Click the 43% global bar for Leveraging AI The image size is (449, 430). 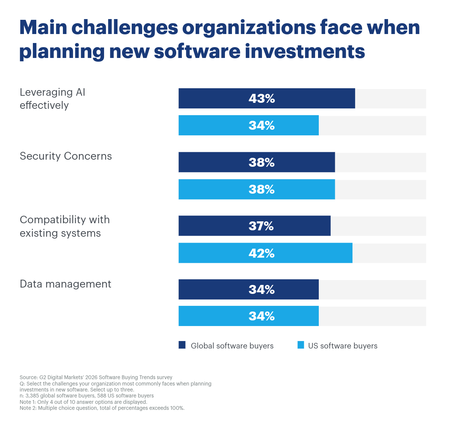coord(266,98)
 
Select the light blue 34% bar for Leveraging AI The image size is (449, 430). coord(248,125)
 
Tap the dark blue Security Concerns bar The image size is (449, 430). coord(257,162)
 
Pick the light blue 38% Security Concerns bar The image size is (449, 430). coord(257,189)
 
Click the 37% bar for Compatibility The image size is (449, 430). coord(254,226)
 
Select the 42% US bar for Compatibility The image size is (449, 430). coord(265,253)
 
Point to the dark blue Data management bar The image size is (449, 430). coord(248,289)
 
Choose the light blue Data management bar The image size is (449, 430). coord(248,316)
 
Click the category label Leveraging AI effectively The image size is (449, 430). coord(52,99)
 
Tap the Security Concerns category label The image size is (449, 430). coord(66,156)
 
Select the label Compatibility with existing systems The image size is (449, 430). coord(65,226)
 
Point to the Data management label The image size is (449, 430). coord(65,284)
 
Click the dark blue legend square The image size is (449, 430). coord(182,345)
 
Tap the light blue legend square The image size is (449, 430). coord(301,345)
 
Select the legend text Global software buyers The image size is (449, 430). coord(232,346)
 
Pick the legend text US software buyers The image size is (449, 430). coord(343,346)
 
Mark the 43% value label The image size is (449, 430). coord(262,98)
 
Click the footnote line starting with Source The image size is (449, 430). coord(96,377)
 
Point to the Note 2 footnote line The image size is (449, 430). coord(102,408)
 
